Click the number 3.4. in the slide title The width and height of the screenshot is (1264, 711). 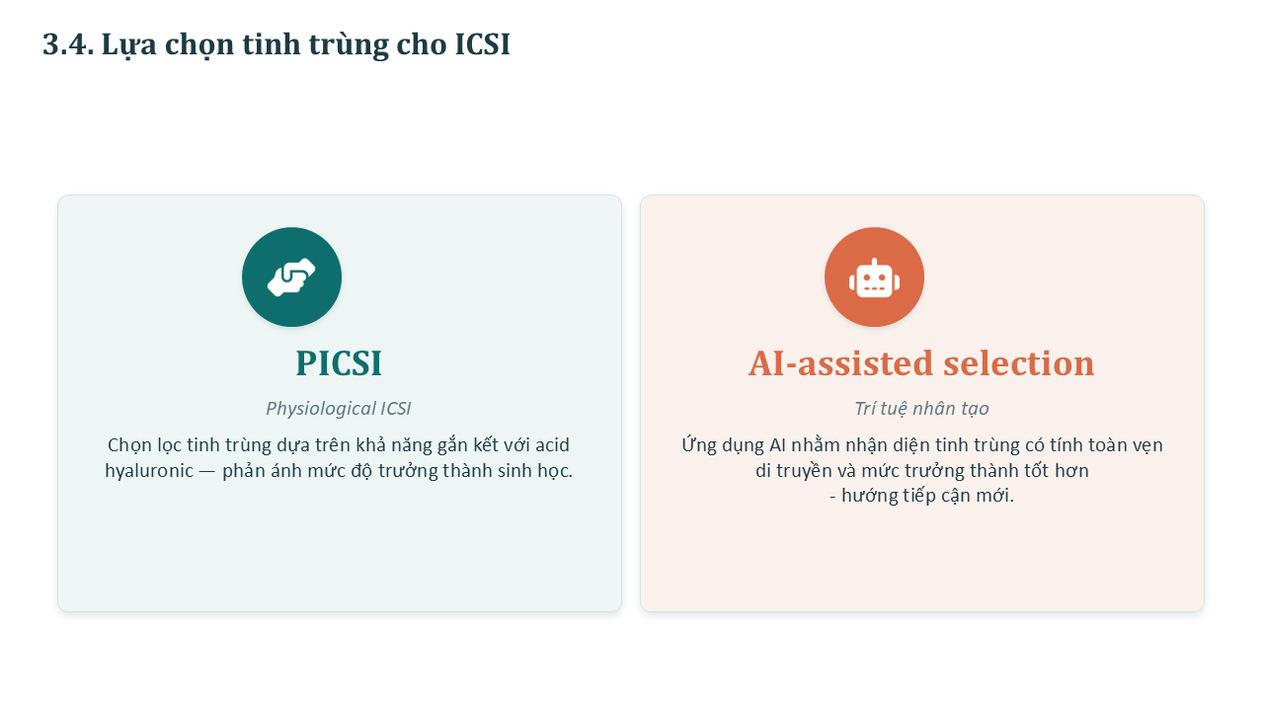[68, 44]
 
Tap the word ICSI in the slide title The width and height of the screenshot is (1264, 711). [483, 44]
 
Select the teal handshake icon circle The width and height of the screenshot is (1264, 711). [291, 277]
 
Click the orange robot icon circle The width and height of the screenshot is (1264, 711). [874, 277]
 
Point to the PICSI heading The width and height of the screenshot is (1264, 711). [339, 362]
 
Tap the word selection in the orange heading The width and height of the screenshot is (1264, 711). [1019, 362]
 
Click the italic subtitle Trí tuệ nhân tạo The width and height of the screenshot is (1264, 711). [921, 409]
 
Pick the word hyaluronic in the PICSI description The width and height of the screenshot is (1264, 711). [149, 471]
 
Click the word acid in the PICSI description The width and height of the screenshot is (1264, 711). [552, 445]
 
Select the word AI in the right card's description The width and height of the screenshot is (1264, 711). [777, 445]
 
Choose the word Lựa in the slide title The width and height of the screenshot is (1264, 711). [128, 44]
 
